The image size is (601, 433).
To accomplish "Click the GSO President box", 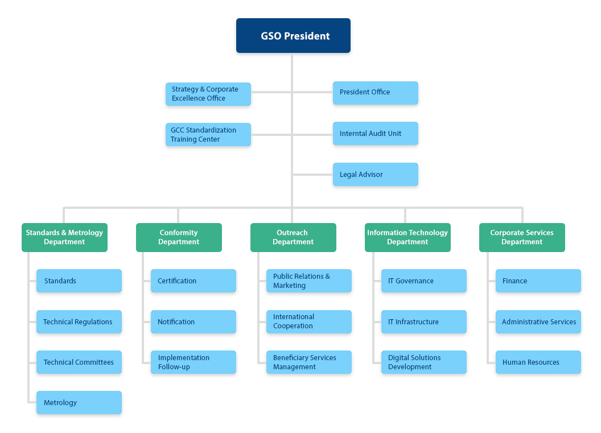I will (x=293, y=36).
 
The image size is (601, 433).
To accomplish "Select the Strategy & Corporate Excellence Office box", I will (x=208, y=94).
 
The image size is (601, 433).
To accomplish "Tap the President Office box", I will (x=375, y=93).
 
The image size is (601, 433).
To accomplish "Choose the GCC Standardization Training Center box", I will (x=208, y=135).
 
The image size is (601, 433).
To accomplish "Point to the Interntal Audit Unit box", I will (x=375, y=134).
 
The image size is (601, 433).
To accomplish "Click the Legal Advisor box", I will (x=375, y=175).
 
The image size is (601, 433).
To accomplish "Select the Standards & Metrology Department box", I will (x=64, y=237).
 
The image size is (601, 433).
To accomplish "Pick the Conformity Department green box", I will (x=179, y=237).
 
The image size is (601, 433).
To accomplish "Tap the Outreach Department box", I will (x=293, y=237).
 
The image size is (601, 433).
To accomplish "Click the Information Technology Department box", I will (x=407, y=237).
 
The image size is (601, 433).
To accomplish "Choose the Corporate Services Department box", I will (x=522, y=237).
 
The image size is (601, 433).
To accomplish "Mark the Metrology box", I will (x=79, y=403).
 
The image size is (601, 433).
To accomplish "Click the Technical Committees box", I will (x=79, y=362).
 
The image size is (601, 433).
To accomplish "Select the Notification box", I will (x=194, y=322).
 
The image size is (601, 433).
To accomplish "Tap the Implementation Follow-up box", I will (x=194, y=362).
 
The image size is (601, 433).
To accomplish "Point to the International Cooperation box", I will (x=308, y=321).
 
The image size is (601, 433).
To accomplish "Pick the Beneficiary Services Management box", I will (x=308, y=362).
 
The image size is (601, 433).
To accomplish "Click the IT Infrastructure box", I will (x=423, y=322).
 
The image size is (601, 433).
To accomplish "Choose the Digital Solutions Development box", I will (x=423, y=362).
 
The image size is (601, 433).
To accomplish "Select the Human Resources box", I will (x=538, y=362).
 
